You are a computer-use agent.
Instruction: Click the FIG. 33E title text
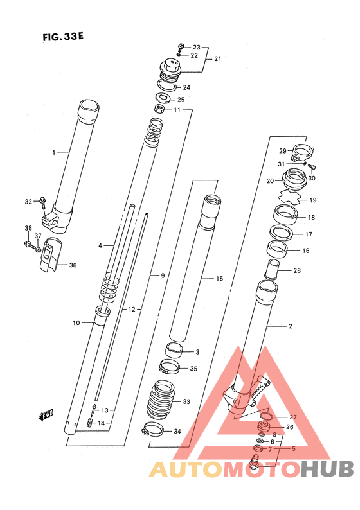[63, 37]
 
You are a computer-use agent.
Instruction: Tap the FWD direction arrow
[46, 415]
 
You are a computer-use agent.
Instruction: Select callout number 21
[218, 58]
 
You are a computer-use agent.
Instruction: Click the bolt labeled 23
[181, 46]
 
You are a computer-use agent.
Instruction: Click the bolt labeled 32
[42, 203]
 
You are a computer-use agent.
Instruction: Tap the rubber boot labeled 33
[160, 400]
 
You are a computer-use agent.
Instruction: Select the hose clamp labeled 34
[152, 430]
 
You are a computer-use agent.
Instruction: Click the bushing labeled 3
[174, 351]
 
